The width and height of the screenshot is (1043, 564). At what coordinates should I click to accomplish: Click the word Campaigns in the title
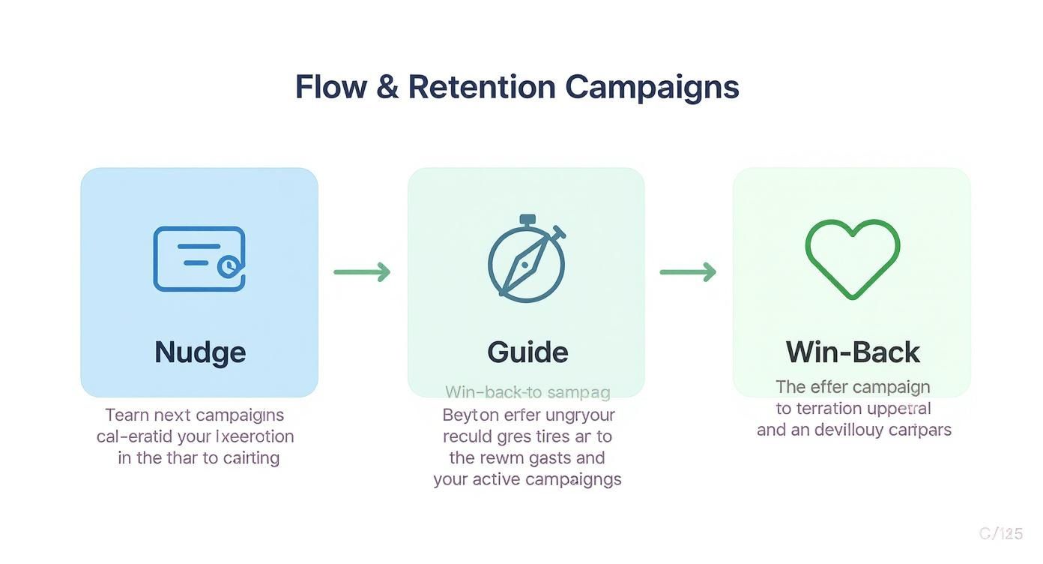652,87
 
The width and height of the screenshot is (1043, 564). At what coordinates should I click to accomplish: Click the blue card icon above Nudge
199,259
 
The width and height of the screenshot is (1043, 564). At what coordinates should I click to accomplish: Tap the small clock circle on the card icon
228,265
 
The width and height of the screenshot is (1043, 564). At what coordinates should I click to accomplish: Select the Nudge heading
200,352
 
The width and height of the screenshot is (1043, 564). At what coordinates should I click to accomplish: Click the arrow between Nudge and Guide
362,271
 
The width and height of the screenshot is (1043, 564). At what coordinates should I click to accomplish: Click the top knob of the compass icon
527,220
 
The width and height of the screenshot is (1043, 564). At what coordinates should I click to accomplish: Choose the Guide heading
527,352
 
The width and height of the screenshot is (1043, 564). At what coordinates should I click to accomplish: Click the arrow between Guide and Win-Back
688,271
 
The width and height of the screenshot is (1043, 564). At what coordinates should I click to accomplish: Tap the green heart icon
853,257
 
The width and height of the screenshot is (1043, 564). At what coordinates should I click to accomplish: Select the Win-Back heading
853,352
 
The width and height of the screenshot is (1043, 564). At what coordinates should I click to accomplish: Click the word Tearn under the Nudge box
127,415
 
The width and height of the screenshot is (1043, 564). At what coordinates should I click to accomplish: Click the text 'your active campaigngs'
527,479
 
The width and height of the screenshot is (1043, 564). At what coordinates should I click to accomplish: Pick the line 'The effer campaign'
853,387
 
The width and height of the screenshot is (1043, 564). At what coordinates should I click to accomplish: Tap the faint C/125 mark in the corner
1000,533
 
